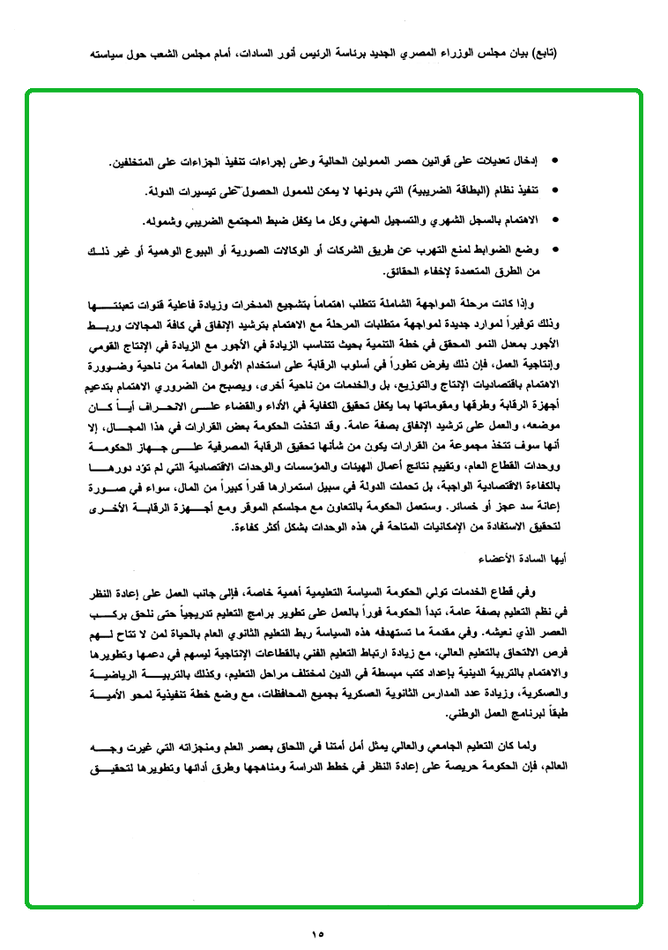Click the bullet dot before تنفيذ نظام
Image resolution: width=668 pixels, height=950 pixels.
tap(553, 190)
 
